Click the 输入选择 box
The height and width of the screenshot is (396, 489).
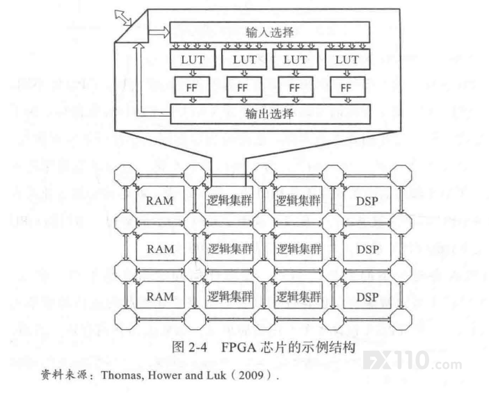[270, 32]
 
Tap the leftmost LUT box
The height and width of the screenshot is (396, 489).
[193, 59]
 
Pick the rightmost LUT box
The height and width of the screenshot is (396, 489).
[347, 59]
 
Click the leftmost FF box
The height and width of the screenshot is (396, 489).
[192, 87]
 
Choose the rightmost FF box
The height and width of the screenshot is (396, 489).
[347, 87]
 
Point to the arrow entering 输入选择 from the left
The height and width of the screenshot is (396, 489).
[159, 32]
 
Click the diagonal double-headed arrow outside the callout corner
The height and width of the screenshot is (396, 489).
[123, 17]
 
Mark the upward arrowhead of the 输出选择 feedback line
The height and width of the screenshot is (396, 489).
[140, 47]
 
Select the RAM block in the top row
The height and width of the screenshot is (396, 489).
[160, 199]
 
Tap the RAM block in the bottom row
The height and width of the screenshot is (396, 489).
[160, 295]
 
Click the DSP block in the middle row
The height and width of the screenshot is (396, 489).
[367, 248]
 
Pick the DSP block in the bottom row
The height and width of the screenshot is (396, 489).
[367, 295]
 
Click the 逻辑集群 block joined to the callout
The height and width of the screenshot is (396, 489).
[230, 199]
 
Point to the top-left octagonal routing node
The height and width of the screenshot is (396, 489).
[125, 176]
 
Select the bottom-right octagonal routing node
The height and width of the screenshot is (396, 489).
[401, 320]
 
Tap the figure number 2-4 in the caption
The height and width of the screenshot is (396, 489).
[198, 347]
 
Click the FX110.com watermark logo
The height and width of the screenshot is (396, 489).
[412, 361]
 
